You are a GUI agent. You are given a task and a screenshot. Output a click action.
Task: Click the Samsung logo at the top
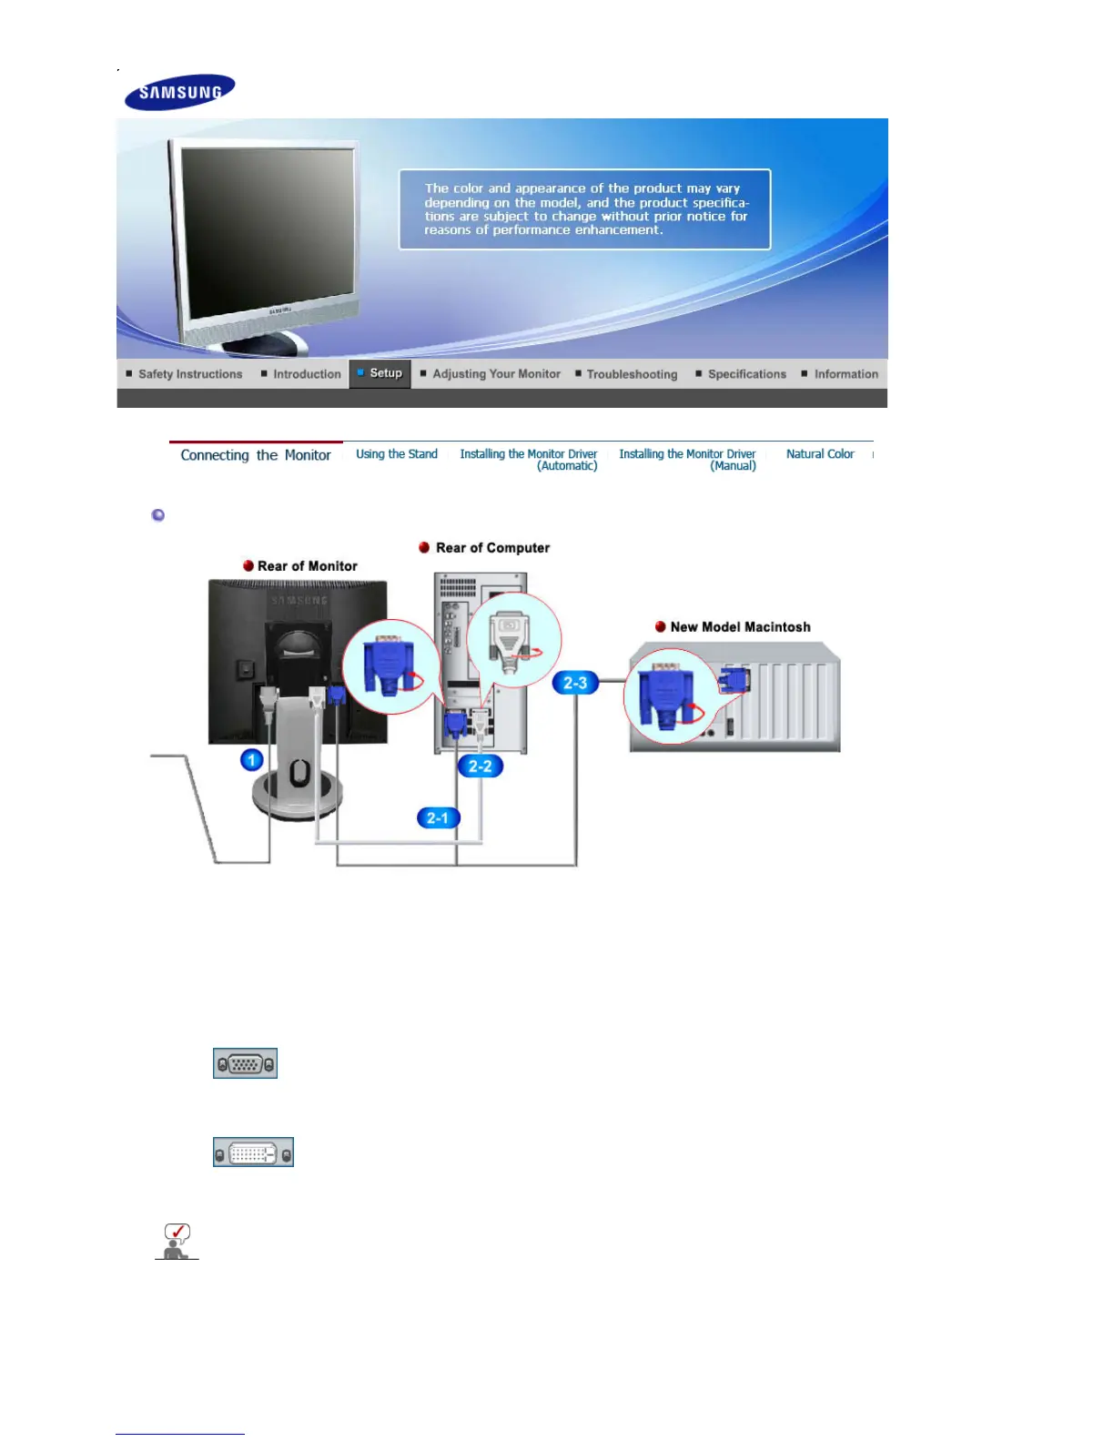click(x=180, y=92)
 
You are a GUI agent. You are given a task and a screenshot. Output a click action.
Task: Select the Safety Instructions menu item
click(x=190, y=374)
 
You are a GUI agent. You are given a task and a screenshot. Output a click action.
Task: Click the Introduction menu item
click(x=307, y=374)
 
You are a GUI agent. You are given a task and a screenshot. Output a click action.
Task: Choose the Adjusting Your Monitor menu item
click(x=496, y=374)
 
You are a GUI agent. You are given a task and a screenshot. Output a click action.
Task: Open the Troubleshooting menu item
click(x=632, y=374)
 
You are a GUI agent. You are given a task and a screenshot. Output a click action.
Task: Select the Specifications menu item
click(x=746, y=374)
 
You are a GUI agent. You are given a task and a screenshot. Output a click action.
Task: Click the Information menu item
click(x=846, y=374)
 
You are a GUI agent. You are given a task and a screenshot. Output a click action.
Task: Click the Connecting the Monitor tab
click(x=256, y=455)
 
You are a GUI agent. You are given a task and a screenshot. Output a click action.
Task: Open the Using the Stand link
click(x=397, y=454)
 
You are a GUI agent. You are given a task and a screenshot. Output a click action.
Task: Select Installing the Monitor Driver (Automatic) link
click(x=529, y=460)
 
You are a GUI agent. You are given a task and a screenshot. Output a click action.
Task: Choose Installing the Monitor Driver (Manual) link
click(x=688, y=460)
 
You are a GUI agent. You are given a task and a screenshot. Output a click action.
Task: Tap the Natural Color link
click(x=820, y=454)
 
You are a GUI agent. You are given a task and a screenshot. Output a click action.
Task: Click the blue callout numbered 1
click(x=252, y=759)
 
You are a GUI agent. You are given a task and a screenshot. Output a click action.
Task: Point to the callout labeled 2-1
click(x=438, y=817)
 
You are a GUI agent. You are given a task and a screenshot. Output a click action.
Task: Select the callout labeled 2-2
click(x=480, y=767)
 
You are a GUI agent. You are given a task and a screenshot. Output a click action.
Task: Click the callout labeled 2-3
click(x=575, y=683)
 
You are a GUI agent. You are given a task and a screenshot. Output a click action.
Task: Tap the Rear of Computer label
click(x=492, y=548)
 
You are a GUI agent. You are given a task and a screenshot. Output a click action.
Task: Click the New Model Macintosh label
click(x=740, y=627)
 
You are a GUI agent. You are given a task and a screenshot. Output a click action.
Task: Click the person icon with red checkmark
click(x=177, y=1242)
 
